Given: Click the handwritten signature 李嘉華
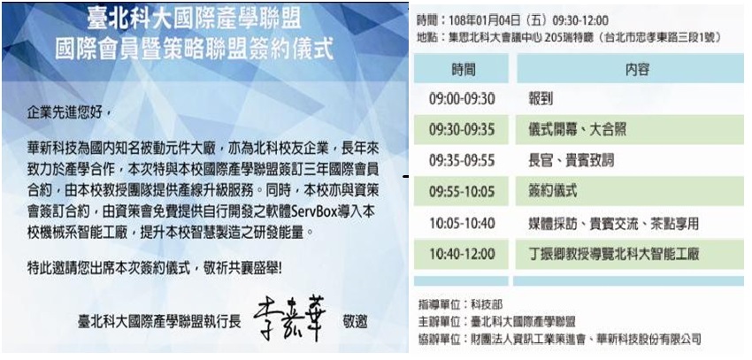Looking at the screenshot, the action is [289, 320].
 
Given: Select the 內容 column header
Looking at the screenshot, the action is [637, 70].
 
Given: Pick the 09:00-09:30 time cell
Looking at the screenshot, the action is [462, 99].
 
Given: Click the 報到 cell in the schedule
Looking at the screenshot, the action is [540, 99].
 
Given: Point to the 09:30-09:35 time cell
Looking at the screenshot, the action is [462, 130].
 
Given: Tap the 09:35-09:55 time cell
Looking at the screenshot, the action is [462, 161].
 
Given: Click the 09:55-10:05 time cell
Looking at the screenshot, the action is [462, 191].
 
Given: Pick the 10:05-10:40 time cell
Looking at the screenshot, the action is [462, 224].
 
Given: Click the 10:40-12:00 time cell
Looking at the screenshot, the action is [462, 254].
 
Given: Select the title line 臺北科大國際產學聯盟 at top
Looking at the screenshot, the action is [195, 19].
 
